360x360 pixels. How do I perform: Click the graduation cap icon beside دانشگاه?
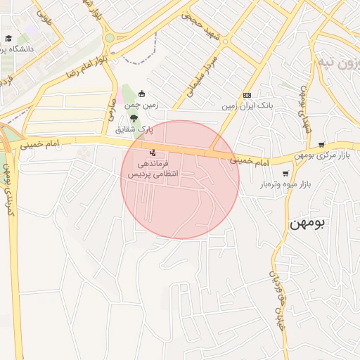pos(8,39)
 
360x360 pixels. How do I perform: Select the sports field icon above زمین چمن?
pos(142,94)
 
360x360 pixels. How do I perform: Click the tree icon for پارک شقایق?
pos(134,117)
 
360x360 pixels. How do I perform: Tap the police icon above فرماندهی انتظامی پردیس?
pos(153,152)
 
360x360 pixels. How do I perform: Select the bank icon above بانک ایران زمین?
pos(247,95)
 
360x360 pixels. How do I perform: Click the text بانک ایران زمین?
pos(247,106)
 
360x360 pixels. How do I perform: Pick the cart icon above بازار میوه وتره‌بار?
pos(285,173)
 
